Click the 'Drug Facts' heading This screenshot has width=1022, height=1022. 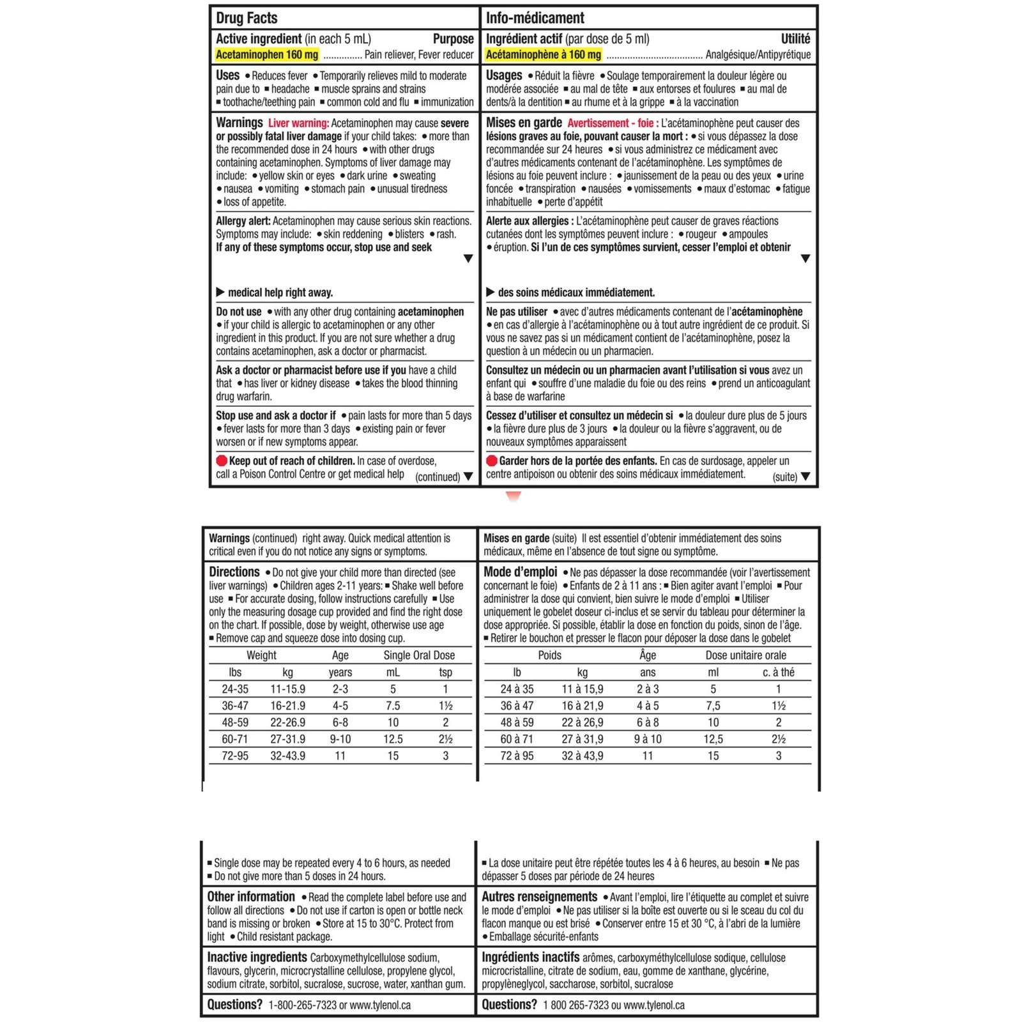click(x=247, y=18)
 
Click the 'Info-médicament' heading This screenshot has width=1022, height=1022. click(x=535, y=18)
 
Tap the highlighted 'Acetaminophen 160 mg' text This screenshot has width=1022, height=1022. click(x=266, y=55)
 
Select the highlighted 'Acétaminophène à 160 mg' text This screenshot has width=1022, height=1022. click(x=543, y=55)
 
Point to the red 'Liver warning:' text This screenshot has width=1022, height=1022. click(x=298, y=123)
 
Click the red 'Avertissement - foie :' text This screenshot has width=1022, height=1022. click(x=613, y=123)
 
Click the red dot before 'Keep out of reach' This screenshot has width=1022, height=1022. click(x=222, y=461)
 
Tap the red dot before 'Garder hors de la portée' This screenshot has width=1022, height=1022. click(x=491, y=461)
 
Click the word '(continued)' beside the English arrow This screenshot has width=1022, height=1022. click(x=437, y=477)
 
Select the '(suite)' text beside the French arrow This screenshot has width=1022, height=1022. click(x=784, y=477)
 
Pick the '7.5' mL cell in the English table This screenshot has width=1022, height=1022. click(x=393, y=706)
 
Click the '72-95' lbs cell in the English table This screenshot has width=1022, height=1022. click(x=235, y=756)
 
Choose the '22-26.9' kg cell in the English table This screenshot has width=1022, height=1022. click(x=287, y=722)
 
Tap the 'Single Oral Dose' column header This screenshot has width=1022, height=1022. click(x=419, y=655)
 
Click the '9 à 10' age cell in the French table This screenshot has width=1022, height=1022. click(x=648, y=739)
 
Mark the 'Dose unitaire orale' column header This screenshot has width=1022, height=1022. click(x=745, y=655)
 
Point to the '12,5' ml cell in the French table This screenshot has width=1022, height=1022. click(x=713, y=739)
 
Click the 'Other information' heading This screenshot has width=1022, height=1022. click(x=251, y=897)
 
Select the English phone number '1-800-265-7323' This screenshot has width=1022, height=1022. click(x=302, y=1005)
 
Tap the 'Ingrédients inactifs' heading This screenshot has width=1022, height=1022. click(x=530, y=957)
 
